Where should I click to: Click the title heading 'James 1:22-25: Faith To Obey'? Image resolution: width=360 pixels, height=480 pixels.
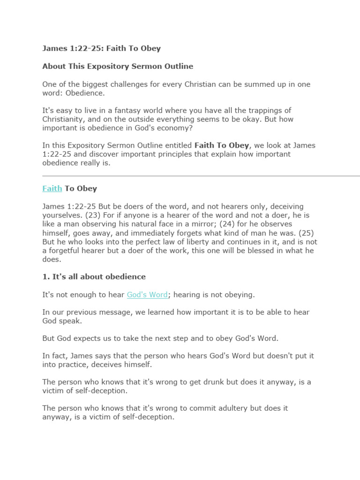click(x=101, y=48)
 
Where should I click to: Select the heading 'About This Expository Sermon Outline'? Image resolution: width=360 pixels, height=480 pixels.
click(x=118, y=66)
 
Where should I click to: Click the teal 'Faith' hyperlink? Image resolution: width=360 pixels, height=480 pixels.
click(x=52, y=188)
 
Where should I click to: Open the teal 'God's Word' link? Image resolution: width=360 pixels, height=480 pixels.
click(x=147, y=294)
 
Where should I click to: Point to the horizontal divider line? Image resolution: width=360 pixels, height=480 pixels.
click(x=201, y=176)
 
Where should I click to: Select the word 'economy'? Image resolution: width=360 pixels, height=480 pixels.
click(x=172, y=128)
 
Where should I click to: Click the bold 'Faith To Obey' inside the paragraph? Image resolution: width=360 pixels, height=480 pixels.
click(x=222, y=145)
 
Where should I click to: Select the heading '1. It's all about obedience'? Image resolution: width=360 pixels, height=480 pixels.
click(x=94, y=277)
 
